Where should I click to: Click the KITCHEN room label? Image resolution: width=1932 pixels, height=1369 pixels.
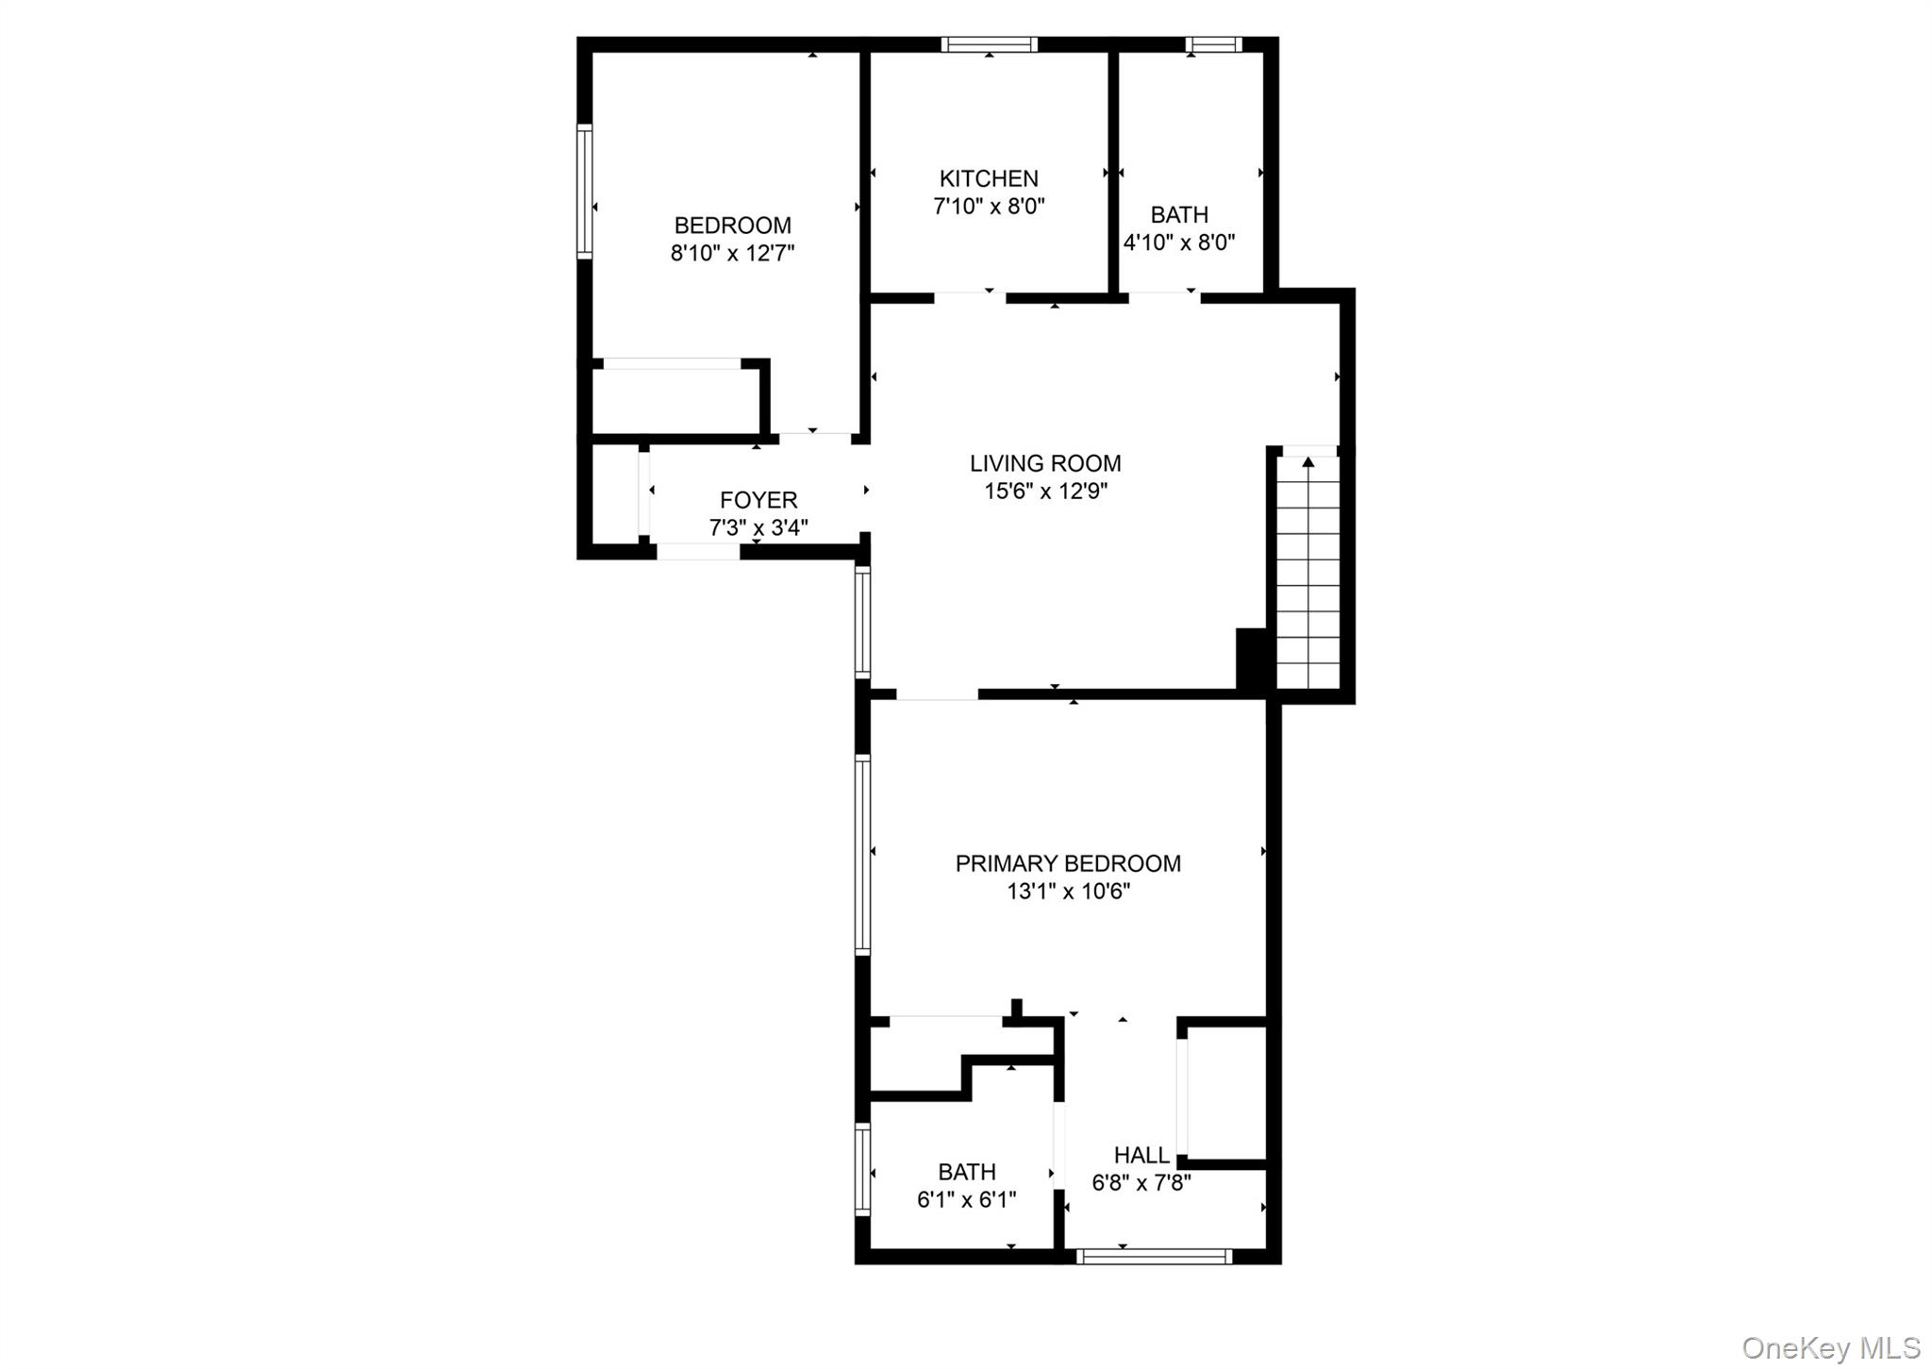point(988,178)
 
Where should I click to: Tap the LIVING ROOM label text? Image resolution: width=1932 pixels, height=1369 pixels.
point(1045,463)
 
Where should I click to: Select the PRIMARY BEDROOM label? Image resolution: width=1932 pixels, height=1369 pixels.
point(1068,863)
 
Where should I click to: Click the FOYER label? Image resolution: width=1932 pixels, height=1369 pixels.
point(758,500)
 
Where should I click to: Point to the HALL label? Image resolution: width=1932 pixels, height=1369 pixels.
point(1141,1155)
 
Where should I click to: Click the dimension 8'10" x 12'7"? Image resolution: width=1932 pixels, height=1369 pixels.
point(733,253)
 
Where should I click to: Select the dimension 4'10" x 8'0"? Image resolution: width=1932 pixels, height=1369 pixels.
point(1179,242)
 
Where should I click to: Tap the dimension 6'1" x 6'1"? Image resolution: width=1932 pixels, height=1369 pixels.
point(966,1199)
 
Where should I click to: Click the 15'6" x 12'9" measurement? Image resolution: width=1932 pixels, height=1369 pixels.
point(1045,491)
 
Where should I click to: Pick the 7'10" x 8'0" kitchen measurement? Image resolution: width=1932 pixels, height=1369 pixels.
point(989,206)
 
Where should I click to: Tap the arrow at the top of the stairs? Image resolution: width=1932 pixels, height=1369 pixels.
point(1307,461)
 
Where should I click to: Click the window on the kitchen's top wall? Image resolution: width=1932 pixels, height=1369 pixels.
point(989,44)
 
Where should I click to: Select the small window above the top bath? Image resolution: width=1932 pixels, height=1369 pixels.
point(1213,44)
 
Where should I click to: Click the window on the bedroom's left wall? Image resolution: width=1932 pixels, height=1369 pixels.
point(585,192)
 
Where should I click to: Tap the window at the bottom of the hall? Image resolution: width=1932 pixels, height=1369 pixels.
point(1154,1256)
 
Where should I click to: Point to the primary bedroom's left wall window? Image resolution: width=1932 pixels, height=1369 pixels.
point(862,854)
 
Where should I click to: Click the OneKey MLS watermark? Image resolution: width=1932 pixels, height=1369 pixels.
point(1830,1347)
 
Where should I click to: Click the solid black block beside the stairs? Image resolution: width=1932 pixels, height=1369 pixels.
point(1251,660)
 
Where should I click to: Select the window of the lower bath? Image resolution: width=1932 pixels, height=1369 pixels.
point(862,1168)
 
